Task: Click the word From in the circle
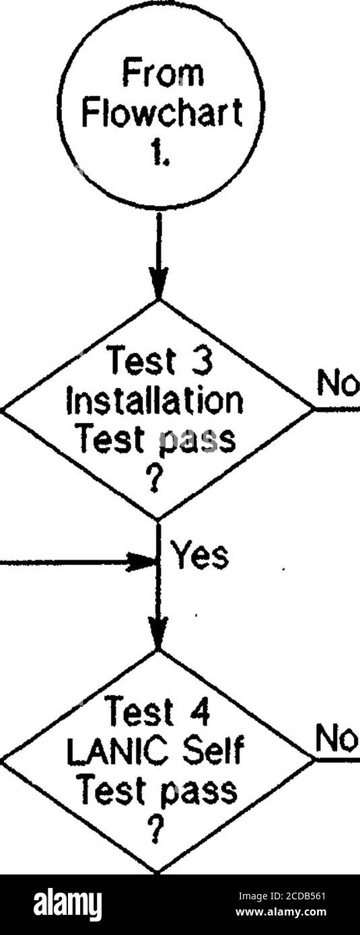click(162, 74)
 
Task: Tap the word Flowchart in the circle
click(162, 112)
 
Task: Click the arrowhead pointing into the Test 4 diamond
click(158, 632)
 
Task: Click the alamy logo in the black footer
click(68, 900)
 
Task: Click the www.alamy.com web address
click(281, 910)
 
